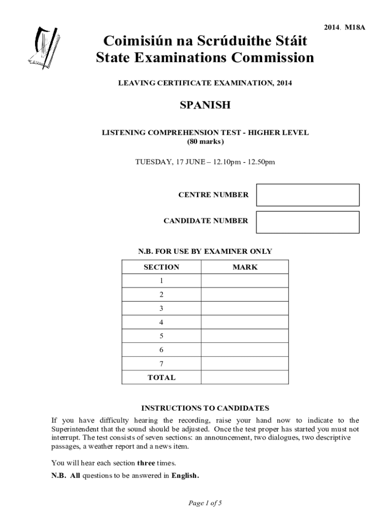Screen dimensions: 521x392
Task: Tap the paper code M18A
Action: (355, 28)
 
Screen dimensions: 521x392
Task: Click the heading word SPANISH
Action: (205, 105)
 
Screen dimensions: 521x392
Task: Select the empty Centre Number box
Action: (307, 195)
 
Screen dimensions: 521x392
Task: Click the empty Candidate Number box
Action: (307, 222)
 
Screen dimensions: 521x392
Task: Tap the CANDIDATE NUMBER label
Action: (206, 221)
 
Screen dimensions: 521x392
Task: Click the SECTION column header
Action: (162, 267)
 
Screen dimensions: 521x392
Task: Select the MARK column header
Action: (245, 267)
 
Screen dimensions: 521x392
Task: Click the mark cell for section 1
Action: (245, 281)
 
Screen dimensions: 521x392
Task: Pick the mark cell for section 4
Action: (245, 323)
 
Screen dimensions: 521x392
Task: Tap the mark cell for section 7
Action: (245, 364)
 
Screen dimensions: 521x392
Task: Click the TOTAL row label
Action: (161, 378)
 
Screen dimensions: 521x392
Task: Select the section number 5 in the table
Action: (161, 336)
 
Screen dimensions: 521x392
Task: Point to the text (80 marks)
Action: (205, 142)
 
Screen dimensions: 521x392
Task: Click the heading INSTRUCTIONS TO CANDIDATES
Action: (205, 408)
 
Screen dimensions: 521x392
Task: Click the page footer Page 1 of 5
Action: (205, 503)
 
